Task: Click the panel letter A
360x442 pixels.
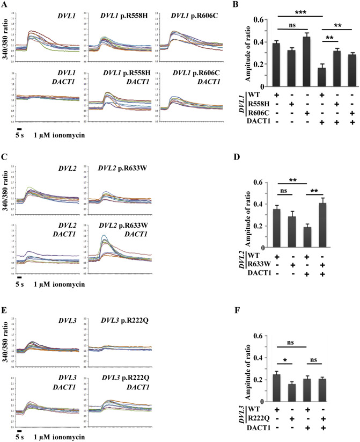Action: point(5,5)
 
